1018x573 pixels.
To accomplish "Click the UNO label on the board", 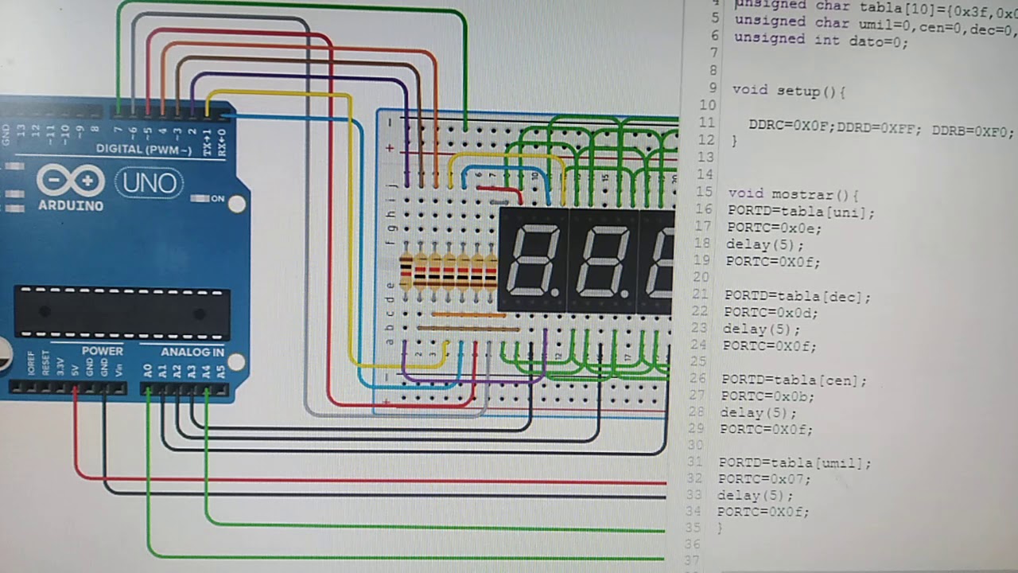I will click(x=150, y=184).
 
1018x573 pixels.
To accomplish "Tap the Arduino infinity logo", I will click(x=71, y=181).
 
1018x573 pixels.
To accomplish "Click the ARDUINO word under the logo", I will click(x=71, y=206).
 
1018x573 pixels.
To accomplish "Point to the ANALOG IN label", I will click(x=192, y=352).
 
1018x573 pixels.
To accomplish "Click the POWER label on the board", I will click(x=103, y=351).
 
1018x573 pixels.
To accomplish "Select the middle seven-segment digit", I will click(x=602, y=259).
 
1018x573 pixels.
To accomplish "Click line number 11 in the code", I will click(x=707, y=123).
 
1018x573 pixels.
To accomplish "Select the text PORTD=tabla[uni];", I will click(x=800, y=212).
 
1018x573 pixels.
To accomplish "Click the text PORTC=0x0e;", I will click(x=774, y=228).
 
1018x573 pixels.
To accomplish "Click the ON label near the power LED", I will click(x=217, y=198).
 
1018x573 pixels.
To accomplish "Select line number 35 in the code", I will click(x=693, y=527).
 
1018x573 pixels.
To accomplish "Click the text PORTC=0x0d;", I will click(x=770, y=312).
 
